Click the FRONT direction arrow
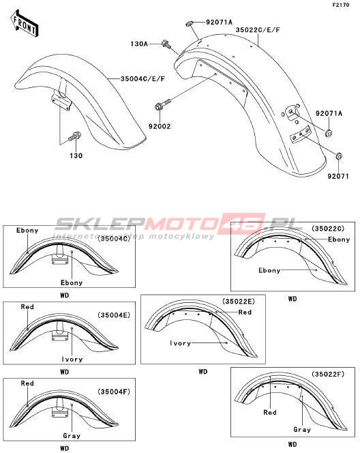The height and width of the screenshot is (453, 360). point(25,24)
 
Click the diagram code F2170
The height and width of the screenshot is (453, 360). point(341,5)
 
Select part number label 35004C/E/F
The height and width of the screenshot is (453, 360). point(143,78)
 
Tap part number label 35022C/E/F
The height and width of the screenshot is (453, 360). point(258,30)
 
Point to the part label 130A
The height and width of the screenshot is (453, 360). point(139,44)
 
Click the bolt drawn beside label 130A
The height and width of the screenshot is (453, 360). point(166,44)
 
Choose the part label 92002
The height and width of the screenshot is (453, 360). point(160,126)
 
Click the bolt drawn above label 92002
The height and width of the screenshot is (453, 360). point(163,104)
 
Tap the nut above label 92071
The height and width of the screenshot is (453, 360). point(339,156)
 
